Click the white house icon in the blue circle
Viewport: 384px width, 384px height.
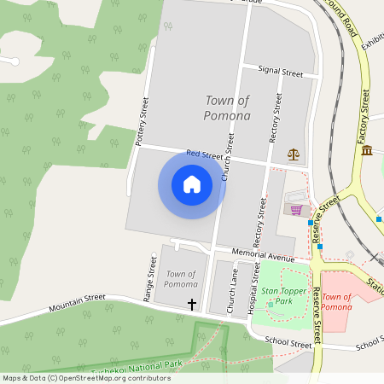tap(192, 184)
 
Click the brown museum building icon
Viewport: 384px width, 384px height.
tap(366, 150)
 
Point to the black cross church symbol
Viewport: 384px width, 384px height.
tap(192, 304)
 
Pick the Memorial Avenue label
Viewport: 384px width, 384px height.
tap(264, 255)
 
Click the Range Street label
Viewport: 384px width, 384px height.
tap(148, 284)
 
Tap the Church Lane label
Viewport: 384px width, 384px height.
tap(231, 288)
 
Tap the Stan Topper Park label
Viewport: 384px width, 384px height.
tap(283, 296)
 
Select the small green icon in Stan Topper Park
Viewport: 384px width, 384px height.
tap(271, 305)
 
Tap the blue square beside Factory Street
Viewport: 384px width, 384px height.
tap(378, 218)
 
